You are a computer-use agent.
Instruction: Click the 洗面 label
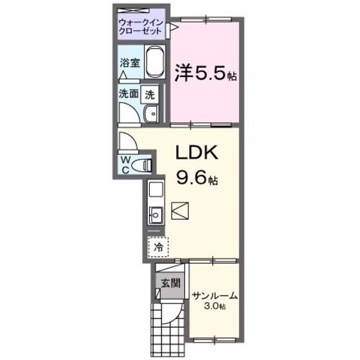(x=128, y=94)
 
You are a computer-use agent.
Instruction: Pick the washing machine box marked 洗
(x=150, y=94)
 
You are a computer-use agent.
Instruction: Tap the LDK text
(x=199, y=155)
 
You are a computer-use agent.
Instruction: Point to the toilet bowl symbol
(x=145, y=165)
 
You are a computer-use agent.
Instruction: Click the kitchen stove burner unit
(x=156, y=190)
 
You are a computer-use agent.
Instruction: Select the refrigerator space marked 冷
(x=157, y=245)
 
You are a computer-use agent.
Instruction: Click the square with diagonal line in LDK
(x=181, y=211)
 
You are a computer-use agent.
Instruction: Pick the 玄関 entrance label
(x=170, y=282)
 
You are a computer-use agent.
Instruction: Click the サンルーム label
(x=215, y=296)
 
